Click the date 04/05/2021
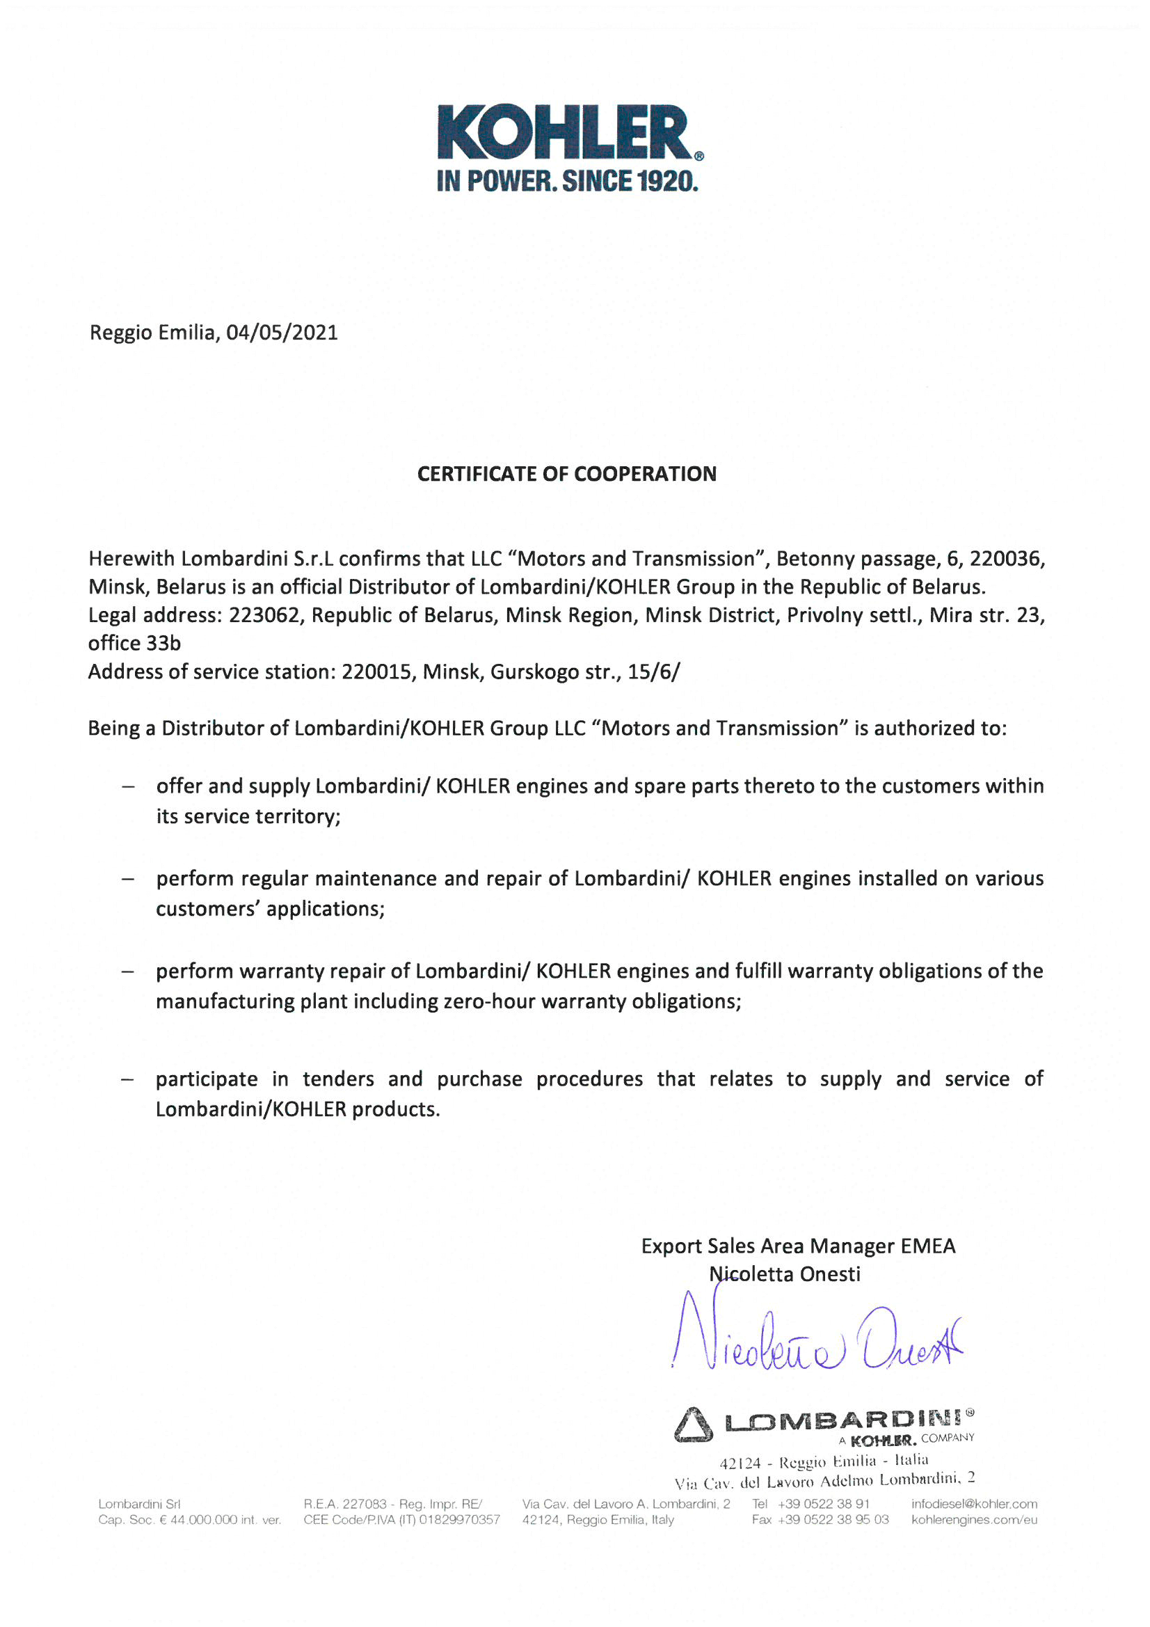(x=282, y=333)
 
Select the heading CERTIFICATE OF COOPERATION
(x=567, y=474)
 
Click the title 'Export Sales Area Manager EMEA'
(x=798, y=1246)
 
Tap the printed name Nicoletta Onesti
(x=785, y=1274)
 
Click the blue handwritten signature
(x=815, y=1339)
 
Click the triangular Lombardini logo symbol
(x=692, y=1424)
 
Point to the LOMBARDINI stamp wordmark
(x=843, y=1420)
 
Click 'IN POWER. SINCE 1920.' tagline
(x=568, y=182)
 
